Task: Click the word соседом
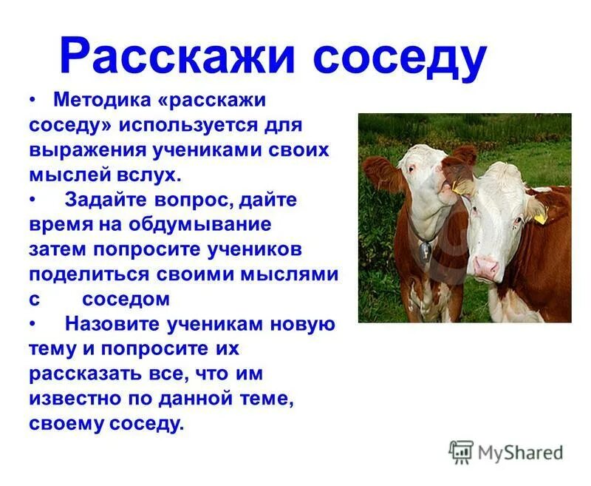[126, 299]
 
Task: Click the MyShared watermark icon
[461, 451]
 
